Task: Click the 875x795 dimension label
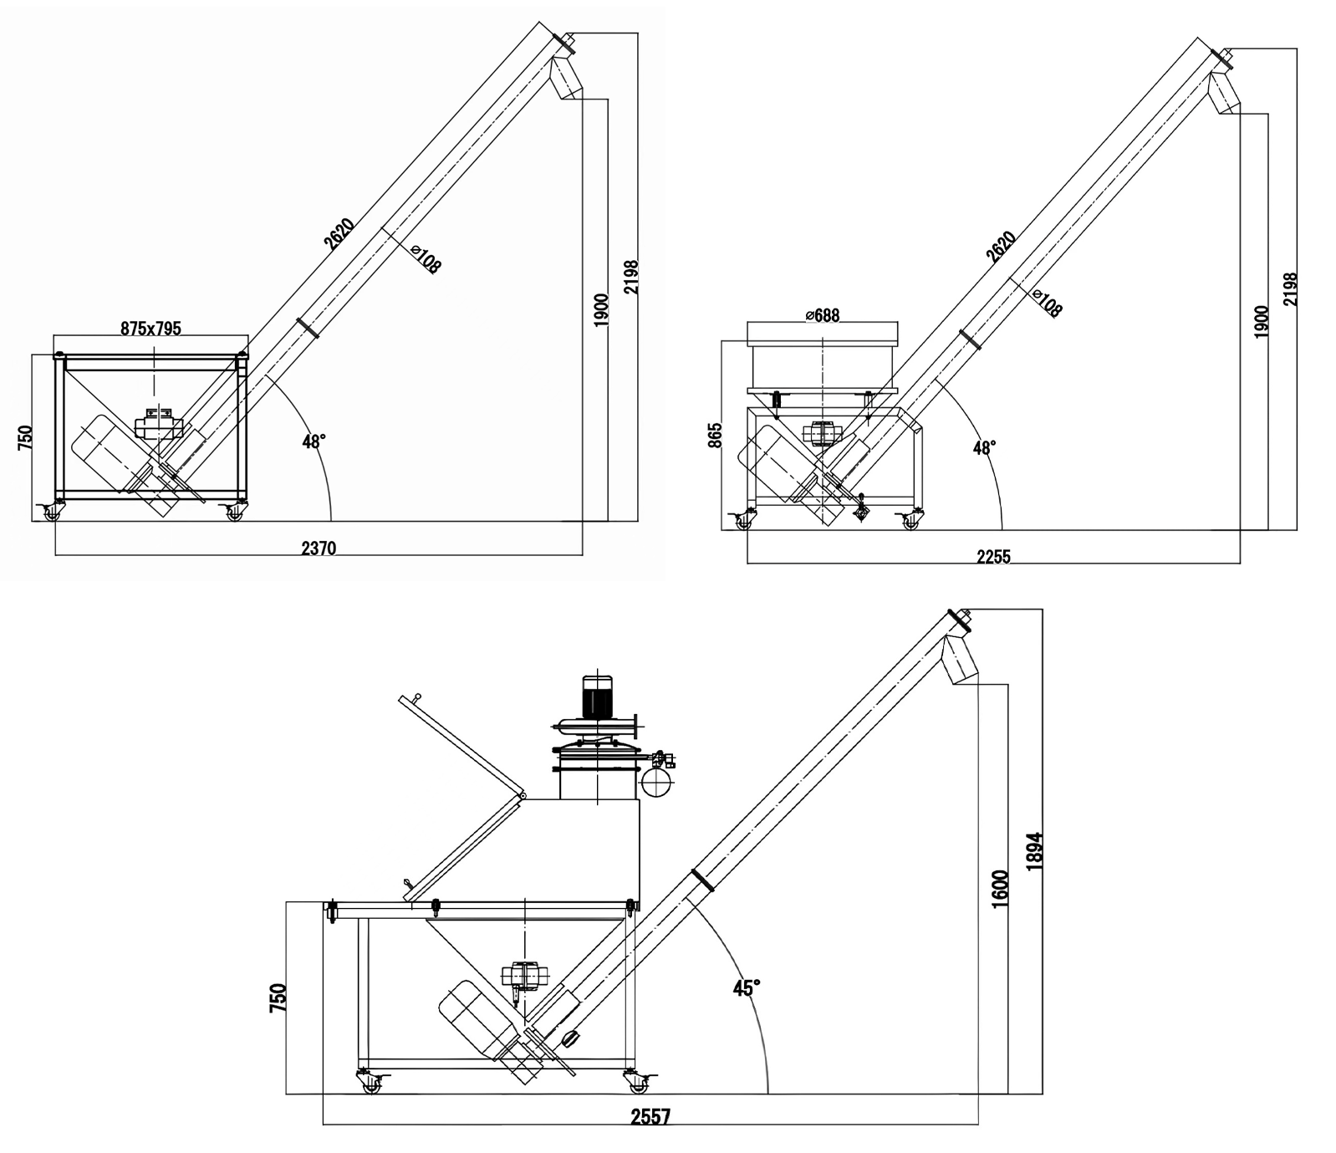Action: click(x=150, y=329)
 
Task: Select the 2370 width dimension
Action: click(x=318, y=548)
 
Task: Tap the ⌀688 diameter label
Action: click(x=822, y=315)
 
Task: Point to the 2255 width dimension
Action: click(x=993, y=557)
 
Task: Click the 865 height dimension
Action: click(x=715, y=435)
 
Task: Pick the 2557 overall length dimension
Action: click(x=650, y=1117)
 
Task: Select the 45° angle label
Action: click(x=747, y=987)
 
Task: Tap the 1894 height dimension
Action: click(x=1034, y=851)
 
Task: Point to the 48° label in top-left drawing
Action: click(x=314, y=441)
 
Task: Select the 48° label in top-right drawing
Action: click(x=984, y=448)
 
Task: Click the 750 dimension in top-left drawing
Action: click(x=24, y=436)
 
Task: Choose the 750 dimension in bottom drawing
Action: click(x=278, y=997)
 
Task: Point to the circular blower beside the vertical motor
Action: click(x=656, y=783)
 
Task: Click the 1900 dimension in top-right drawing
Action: click(x=1262, y=321)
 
